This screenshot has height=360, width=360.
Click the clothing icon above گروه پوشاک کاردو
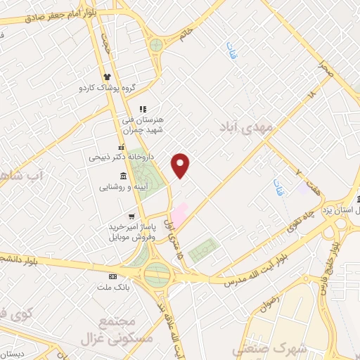coord(107,77)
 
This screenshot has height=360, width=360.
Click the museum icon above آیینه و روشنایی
coord(124,175)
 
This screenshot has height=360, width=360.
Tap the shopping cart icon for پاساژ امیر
coord(131,216)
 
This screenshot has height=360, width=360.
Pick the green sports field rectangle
coord(204,250)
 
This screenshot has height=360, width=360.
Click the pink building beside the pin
coord(180,214)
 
